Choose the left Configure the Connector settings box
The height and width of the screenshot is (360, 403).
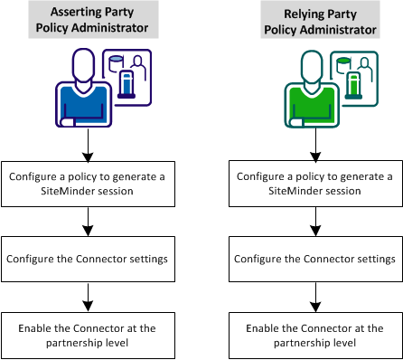point(88,258)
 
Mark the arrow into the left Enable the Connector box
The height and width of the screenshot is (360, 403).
point(88,295)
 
